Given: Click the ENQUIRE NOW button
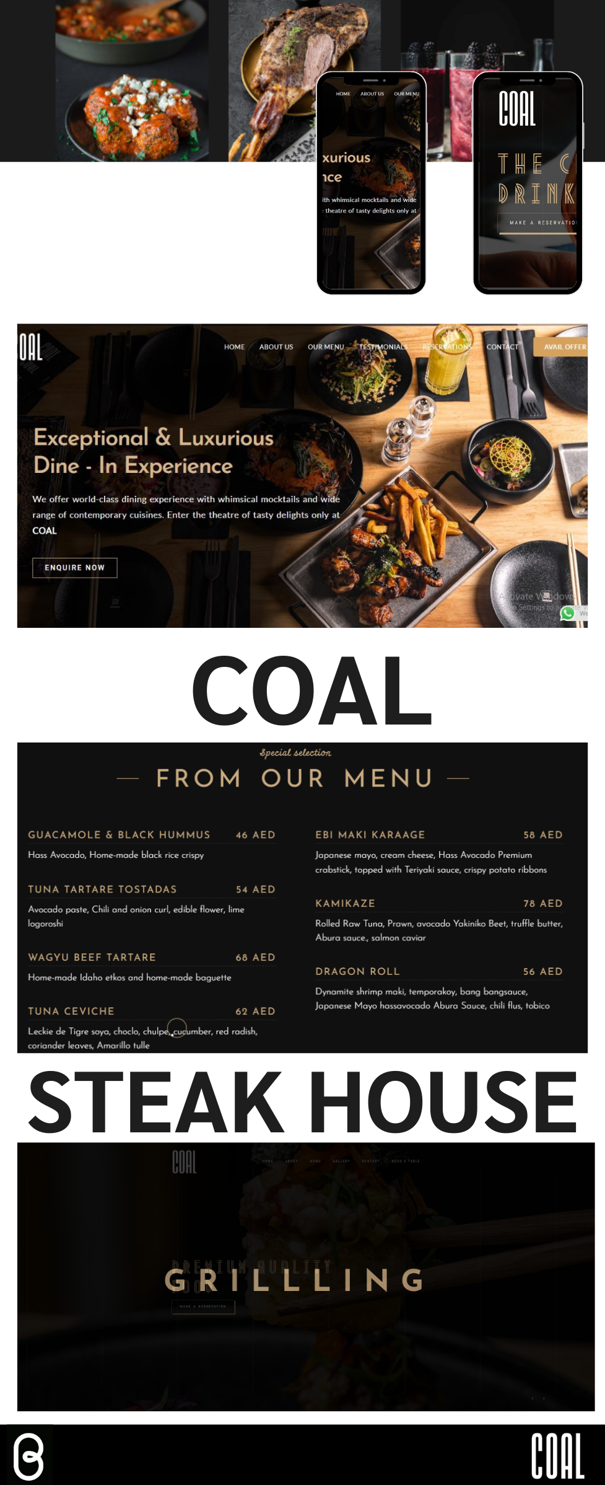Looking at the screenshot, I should click(74, 568).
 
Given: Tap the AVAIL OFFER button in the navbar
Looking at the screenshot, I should click(564, 347).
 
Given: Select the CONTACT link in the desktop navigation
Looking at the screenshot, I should click(502, 347).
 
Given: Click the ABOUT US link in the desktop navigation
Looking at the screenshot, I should click(276, 347).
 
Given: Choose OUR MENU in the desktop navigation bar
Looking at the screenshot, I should click(326, 347).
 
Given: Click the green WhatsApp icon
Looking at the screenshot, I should click(567, 613).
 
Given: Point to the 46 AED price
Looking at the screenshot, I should click(255, 835).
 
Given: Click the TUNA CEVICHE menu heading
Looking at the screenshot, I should click(71, 1011).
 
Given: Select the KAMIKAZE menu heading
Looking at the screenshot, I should click(345, 903).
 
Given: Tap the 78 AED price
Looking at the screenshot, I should click(542, 903).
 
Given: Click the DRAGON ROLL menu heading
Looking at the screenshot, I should click(357, 971).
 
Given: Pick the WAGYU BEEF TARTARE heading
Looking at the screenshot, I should click(92, 957).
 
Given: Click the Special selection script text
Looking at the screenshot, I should click(295, 752).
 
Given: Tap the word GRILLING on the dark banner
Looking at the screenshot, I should click(294, 1280).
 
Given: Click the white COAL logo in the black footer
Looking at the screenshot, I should click(557, 1456).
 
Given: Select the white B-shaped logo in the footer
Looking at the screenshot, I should click(28, 1456).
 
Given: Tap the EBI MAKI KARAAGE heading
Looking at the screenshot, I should click(370, 835).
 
